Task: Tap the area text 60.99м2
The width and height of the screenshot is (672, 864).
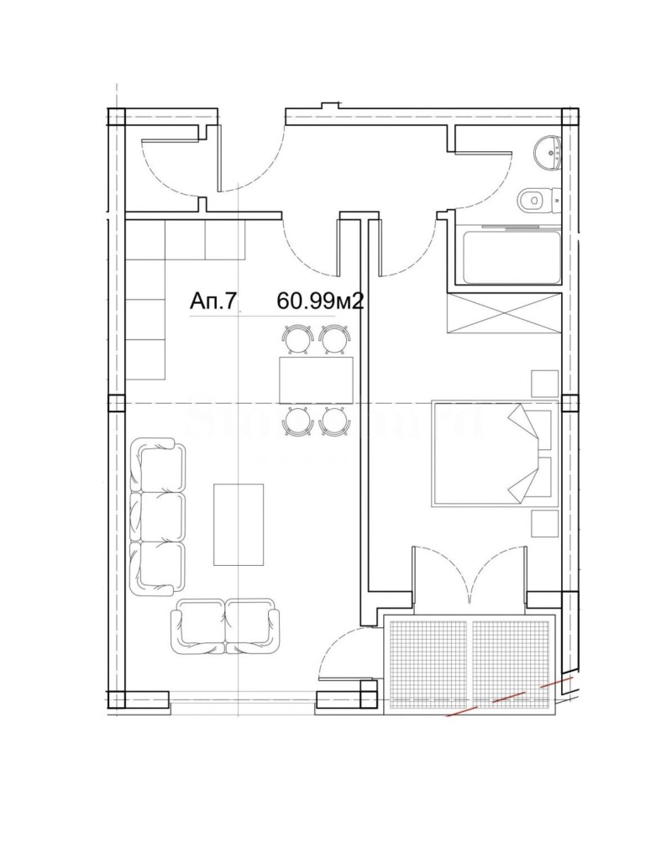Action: point(320,301)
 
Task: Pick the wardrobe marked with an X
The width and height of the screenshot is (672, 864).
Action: point(503,313)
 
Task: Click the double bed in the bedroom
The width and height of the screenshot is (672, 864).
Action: point(494,453)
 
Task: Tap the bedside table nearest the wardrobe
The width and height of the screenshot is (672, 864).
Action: point(544,382)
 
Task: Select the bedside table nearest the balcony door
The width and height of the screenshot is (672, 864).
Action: point(544,522)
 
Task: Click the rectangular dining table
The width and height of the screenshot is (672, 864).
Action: point(316,380)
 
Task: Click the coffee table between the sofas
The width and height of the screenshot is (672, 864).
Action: point(239,524)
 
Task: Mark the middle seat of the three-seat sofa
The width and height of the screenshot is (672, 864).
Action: point(160,516)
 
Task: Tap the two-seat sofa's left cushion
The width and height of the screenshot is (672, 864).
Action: point(200,626)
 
